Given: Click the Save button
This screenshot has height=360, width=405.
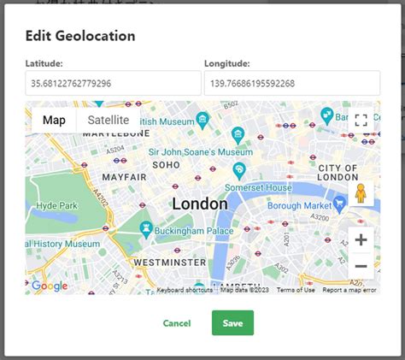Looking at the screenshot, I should click(x=232, y=322).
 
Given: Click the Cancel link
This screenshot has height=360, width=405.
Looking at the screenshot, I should click(x=176, y=323).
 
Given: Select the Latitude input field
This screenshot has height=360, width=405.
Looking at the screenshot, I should click(x=113, y=83).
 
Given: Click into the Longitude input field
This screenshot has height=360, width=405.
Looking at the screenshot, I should click(x=291, y=83).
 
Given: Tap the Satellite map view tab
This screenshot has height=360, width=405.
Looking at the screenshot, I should click(x=109, y=121).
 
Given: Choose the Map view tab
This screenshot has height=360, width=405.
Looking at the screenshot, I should click(x=54, y=121).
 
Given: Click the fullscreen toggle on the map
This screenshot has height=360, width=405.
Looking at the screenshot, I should click(x=361, y=121).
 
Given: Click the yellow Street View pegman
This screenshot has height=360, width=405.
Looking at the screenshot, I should click(x=361, y=194).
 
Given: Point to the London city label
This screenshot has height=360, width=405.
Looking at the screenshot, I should click(x=200, y=204).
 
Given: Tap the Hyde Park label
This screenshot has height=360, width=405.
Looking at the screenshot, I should click(x=57, y=205).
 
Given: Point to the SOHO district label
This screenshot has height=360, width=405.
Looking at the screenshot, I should click(x=166, y=163).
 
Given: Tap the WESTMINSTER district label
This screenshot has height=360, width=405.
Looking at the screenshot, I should click(x=170, y=262).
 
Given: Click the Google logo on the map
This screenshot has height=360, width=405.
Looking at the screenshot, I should click(x=50, y=286).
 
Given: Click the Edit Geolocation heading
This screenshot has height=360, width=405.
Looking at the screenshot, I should click(x=80, y=36).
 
